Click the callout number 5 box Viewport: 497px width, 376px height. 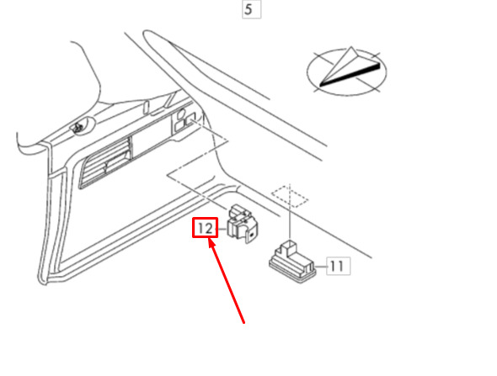pyautogui.click(x=251, y=9)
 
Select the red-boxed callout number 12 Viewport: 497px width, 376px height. pyautogui.click(x=205, y=228)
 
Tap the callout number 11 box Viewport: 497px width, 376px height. pyautogui.click(x=338, y=266)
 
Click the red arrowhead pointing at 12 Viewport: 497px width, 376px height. pyautogui.click(x=211, y=243)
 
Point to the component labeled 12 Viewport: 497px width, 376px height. pyautogui.click(x=243, y=224)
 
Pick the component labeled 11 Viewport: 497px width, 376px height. pyautogui.click(x=292, y=262)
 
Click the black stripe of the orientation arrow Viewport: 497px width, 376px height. pyautogui.click(x=350, y=75)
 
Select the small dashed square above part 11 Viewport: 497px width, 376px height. pyautogui.click(x=290, y=196)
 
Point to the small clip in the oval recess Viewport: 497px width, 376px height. pyautogui.click(x=77, y=128)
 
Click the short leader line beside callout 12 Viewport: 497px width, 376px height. pyautogui.click(x=222, y=229)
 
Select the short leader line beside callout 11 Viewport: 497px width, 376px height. pyautogui.click(x=321, y=267)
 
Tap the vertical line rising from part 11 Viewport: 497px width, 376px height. pyautogui.click(x=290, y=212)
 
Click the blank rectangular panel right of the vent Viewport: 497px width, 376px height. pyautogui.click(x=150, y=139)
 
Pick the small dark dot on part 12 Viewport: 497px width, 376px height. pyautogui.click(x=251, y=236)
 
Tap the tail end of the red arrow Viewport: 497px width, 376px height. pyautogui.click(x=244, y=323)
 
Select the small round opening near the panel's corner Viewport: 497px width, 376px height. pyautogui.click(x=182, y=113)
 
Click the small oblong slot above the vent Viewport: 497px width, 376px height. pyautogui.click(x=146, y=108)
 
